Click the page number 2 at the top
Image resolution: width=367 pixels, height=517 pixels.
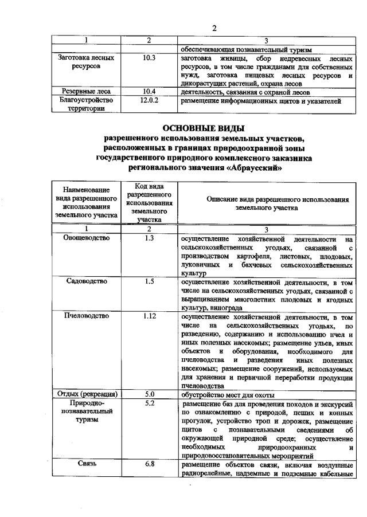point(214,28)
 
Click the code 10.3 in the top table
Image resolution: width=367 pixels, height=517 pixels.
point(149,58)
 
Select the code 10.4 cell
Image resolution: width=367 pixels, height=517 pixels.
point(149,91)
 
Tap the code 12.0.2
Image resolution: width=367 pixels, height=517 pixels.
point(149,100)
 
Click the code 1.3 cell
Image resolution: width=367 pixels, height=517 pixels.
point(149,237)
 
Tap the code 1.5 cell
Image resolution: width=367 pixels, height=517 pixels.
point(149,281)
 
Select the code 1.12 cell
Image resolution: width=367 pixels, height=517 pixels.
point(149,316)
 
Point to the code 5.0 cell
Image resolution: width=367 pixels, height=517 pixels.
point(149,394)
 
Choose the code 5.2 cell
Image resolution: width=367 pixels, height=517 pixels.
point(149,403)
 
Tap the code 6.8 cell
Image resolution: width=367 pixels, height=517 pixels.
point(149,464)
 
